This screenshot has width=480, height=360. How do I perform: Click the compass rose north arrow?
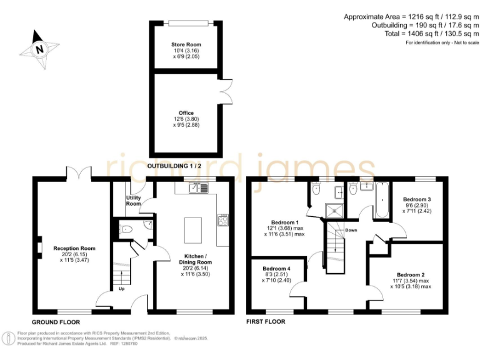(39, 49)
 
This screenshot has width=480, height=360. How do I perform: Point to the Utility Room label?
(134, 201)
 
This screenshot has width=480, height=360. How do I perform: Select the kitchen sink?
(198, 186)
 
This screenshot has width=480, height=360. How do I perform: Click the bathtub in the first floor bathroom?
(381, 200)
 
